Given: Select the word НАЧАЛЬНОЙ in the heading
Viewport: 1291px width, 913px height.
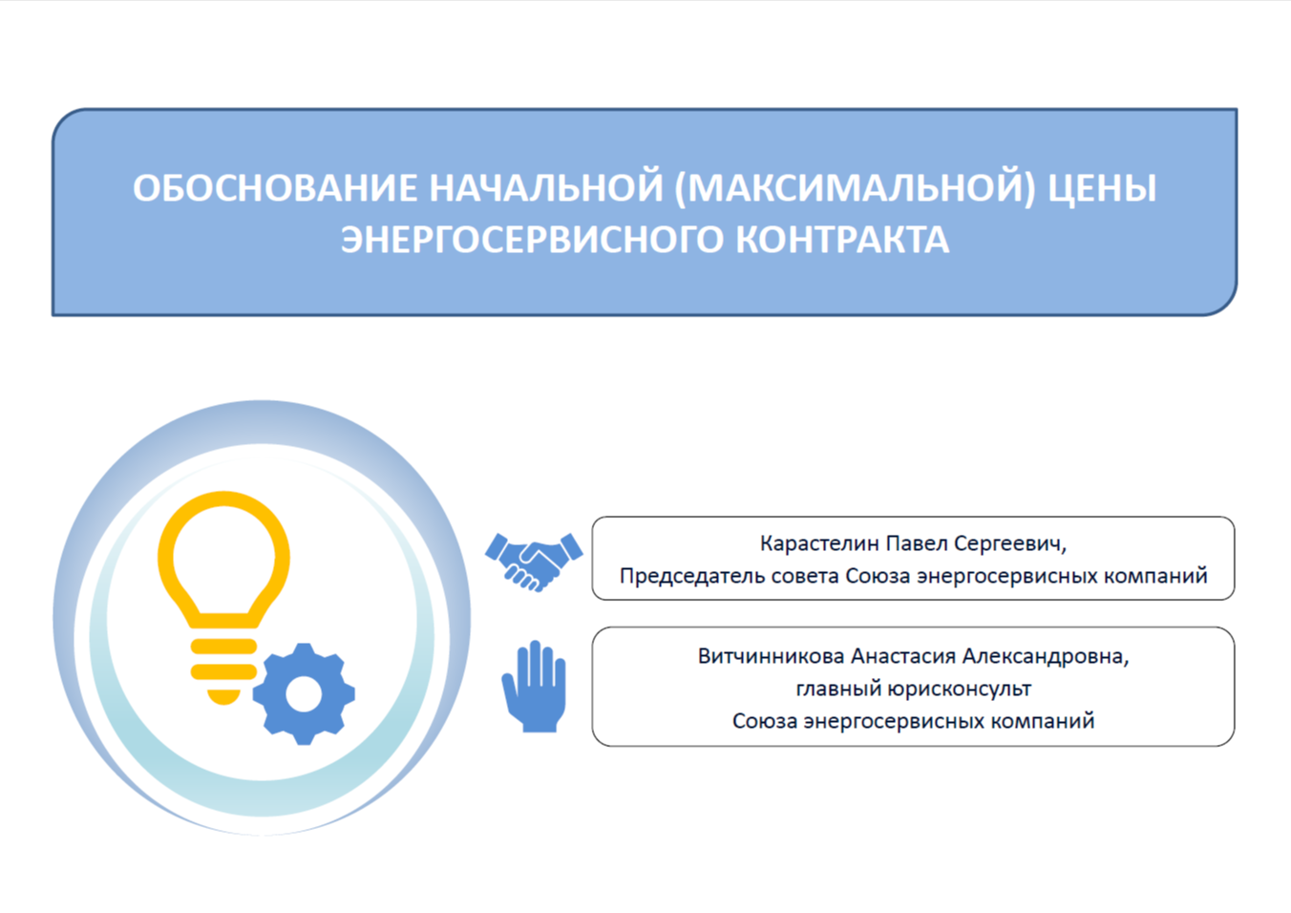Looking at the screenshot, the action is [546, 188].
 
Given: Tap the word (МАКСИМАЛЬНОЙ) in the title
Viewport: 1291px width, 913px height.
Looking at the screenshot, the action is [855, 188].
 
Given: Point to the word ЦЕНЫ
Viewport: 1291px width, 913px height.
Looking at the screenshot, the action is [1102, 188].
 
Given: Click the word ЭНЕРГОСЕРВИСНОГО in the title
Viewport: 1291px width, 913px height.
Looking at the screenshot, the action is [532, 239].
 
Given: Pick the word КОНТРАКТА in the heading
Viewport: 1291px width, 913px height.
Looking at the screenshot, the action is [842, 239].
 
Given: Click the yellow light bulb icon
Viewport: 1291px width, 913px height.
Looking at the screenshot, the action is [223, 598].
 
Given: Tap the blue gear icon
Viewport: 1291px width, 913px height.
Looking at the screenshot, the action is [304, 694].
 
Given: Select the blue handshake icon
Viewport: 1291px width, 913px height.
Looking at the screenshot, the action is [534, 563].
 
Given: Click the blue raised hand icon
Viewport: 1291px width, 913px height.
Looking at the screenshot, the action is [535, 687].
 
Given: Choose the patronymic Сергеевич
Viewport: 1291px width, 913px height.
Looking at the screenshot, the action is [1010, 544].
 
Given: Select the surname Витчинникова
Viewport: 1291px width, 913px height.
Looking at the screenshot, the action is [772, 656].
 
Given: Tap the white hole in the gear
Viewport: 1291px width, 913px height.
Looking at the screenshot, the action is [304, 694].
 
